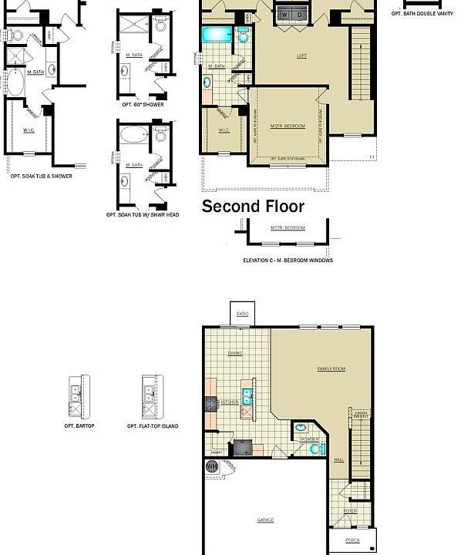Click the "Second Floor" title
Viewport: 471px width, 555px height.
pos(253,207)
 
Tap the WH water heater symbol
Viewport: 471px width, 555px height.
pos(212,466)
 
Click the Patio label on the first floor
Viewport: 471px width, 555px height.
pos(242,314)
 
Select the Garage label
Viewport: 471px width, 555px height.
pos(265,520)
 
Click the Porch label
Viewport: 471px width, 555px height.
pos(352,540)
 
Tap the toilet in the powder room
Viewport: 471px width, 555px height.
pos(315,449)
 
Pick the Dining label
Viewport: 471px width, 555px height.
pos(235,354)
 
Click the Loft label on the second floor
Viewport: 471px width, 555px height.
pos(302,55)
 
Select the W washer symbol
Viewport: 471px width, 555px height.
pos(284,15)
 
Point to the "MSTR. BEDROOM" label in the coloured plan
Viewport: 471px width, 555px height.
pos(288,126)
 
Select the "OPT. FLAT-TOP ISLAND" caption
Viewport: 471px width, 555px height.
pos(153,425)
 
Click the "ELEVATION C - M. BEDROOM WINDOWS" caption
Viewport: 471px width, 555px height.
pos(288,261)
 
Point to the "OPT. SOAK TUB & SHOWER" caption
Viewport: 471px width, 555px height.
pos(42,176)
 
